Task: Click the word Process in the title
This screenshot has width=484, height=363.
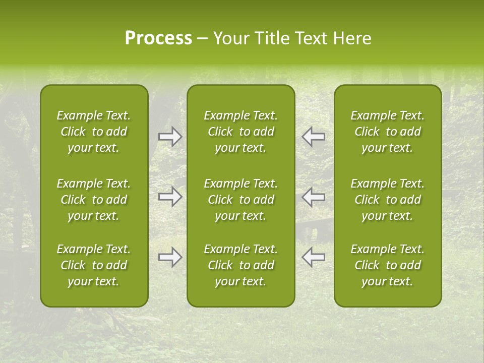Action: pos(158,38)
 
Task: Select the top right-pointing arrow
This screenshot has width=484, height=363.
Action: pos(170,137)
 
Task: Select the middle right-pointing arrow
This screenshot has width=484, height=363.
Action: pos(170,197)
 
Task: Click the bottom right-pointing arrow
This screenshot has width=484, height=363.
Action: pos(170,257)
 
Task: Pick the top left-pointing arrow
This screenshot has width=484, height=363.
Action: pos(314,137)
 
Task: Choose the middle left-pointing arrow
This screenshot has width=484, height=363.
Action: pos(314,197)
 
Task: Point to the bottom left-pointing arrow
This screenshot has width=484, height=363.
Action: pos(314,257)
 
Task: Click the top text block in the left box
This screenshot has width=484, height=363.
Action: pos(94,132)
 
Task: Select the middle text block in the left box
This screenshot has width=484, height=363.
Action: pos(94,200)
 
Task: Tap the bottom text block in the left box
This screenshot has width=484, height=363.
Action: pos(94,265)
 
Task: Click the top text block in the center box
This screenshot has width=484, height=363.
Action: pos(240,132)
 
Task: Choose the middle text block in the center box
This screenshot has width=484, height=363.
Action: pos(240,200)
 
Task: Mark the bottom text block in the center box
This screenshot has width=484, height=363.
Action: pos(240,265)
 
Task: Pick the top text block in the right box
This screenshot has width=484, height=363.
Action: pos(387,132)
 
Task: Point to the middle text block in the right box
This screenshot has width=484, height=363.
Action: pos(387,200)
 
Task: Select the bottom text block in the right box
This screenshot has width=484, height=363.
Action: pos(387,265)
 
